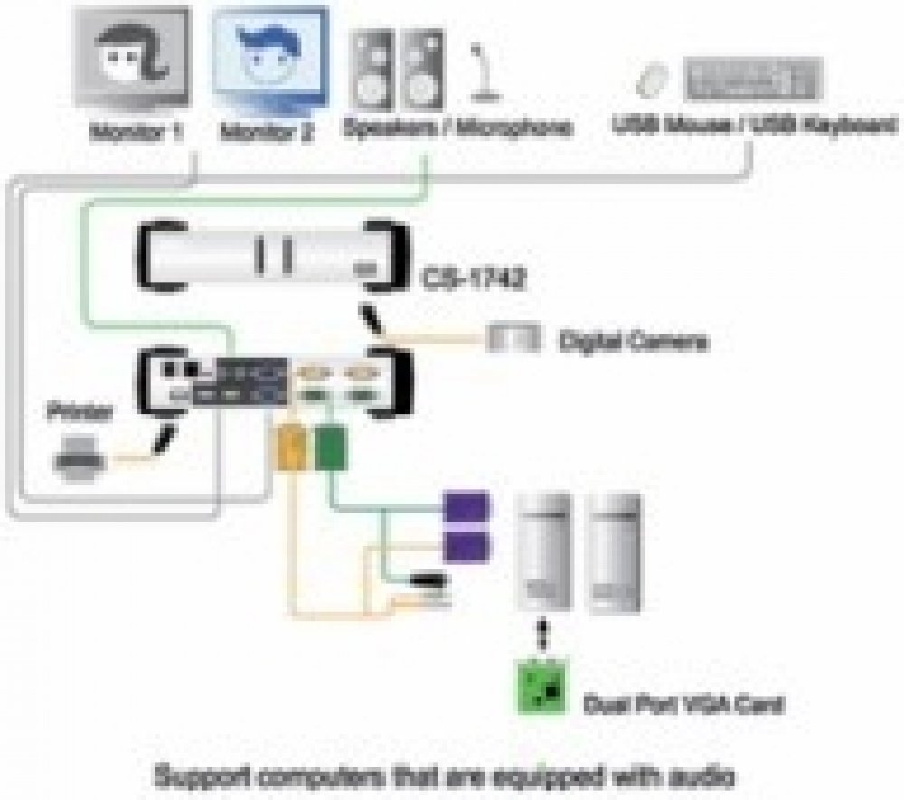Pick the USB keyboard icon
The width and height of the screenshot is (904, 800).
pos(754,79)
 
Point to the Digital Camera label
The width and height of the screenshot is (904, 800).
pos(633,342)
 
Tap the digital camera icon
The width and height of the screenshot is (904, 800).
pos(514,339)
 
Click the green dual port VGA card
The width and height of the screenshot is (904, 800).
pos(543,684)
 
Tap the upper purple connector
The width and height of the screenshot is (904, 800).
pos(466,507)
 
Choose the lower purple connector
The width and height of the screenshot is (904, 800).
pos(466,545)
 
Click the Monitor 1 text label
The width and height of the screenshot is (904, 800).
pos(137,132)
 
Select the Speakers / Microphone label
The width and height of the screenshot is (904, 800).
pos(457,129)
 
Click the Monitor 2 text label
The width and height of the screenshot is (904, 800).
pos(268,132)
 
